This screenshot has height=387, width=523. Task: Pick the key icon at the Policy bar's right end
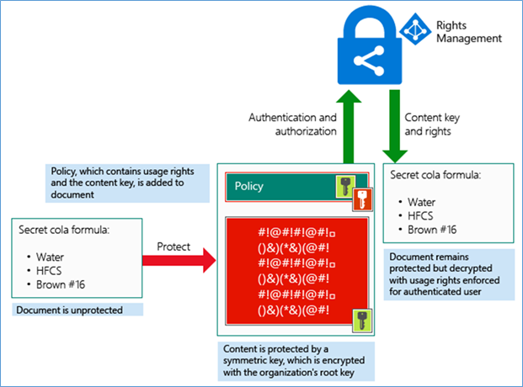346,184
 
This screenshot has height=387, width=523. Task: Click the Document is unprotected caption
68,310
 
